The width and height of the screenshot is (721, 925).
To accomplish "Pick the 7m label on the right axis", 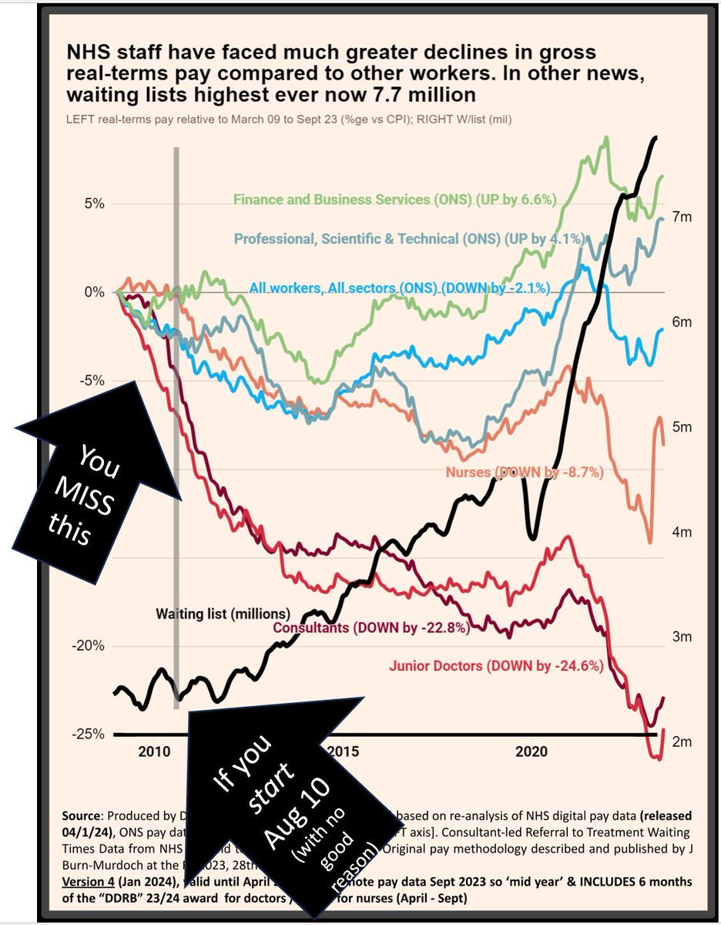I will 681,217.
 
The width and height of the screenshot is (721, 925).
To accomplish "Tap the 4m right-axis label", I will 681,532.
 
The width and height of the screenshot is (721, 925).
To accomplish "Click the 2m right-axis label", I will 681,742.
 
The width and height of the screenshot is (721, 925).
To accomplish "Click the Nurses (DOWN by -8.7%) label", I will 525,471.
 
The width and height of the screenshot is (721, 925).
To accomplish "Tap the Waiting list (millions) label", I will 223,614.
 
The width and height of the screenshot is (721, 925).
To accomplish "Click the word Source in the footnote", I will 79,816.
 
